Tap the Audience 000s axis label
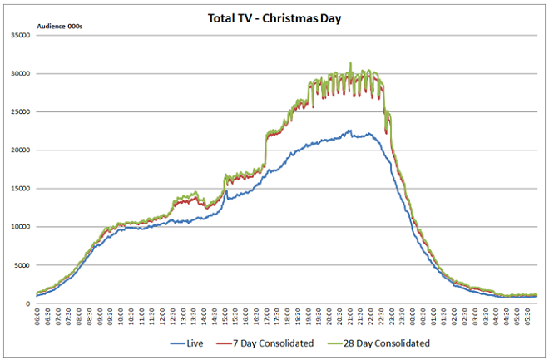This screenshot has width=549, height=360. [60, 27]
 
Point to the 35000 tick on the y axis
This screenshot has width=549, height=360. [20, 35]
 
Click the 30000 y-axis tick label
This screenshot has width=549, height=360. [20, 73]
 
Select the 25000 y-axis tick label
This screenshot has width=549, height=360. [20, 111]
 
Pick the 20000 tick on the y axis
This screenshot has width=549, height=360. [20, 150]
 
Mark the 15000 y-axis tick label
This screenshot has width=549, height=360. [20, 188]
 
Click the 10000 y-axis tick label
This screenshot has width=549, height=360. [20, 226]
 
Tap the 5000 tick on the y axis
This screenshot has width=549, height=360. [22, 264]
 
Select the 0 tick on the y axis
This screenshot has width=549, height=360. [28, 303]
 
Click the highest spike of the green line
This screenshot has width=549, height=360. [350, 63]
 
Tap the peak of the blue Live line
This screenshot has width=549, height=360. [350, 131]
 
